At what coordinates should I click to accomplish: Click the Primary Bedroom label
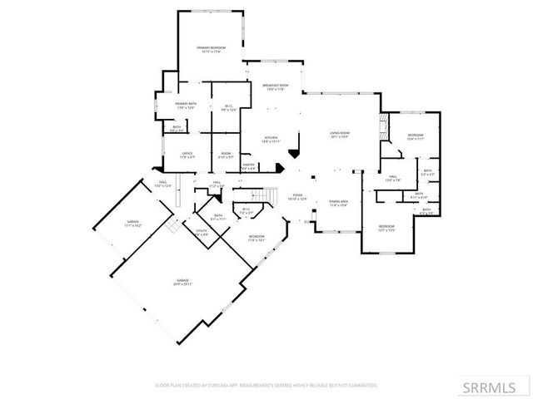point(212,49)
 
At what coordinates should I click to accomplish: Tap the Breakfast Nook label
point(275,86)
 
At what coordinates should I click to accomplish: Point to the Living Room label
point(339,135)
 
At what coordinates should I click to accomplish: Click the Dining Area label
point(337,203)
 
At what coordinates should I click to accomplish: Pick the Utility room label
point(202,233)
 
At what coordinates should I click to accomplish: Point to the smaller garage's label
point(133,224)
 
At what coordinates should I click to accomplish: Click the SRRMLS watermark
point(495,387)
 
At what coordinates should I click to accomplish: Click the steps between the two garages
point(170,225)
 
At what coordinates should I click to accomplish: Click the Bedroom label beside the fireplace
point(416,136)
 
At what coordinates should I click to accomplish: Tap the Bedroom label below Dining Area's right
point(386,228)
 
